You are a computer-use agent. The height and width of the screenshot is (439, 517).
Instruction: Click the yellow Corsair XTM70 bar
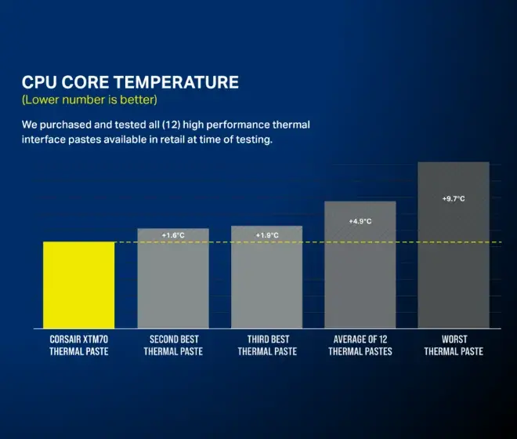[78, 285]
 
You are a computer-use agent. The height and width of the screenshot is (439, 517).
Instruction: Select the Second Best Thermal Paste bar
[173, 282]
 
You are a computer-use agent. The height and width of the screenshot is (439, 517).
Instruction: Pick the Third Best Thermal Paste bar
[266, 282]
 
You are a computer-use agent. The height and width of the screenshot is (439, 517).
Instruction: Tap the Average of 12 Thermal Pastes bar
[360, 270]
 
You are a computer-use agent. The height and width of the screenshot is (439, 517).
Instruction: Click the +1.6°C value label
[173, 235]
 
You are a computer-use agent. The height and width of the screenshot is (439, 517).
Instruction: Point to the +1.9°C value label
[267, 235]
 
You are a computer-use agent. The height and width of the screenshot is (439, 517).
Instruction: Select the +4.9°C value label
[360, 221]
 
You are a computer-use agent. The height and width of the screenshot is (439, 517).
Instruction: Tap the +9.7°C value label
[454, 199]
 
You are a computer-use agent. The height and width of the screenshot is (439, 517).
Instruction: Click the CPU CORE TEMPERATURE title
[130, 82]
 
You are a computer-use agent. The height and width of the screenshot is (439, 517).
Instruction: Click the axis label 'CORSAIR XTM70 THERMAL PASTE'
[78, 345]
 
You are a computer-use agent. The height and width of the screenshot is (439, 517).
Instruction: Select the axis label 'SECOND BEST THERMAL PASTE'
[173, 345]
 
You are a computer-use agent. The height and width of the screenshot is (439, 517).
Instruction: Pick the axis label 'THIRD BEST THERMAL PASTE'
[266, 345]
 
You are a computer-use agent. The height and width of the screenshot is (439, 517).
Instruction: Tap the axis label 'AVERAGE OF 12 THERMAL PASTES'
[360, 345]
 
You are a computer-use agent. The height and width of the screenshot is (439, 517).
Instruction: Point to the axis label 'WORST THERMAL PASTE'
[454, 345]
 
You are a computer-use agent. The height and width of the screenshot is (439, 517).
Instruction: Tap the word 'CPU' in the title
[39, 82]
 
